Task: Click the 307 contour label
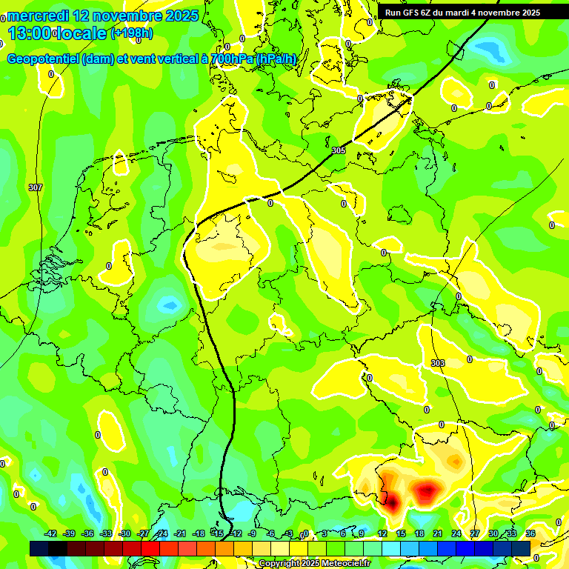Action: coord(35,187)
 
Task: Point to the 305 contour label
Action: coord(339,150)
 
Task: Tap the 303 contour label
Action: coord(438,363)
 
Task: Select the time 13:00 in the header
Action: coord(30,33)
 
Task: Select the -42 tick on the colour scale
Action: coord(50,533)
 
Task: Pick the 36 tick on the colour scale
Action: coord(530,533)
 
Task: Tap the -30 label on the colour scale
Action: coord(124,533)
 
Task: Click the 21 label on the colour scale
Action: coord(437,533)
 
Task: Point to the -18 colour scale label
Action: coord(199,533)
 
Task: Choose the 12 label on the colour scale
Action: coord(382,533)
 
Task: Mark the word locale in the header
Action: coord(82,33)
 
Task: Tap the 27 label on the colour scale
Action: coord(474,533)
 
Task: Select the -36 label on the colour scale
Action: coord(87,533)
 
